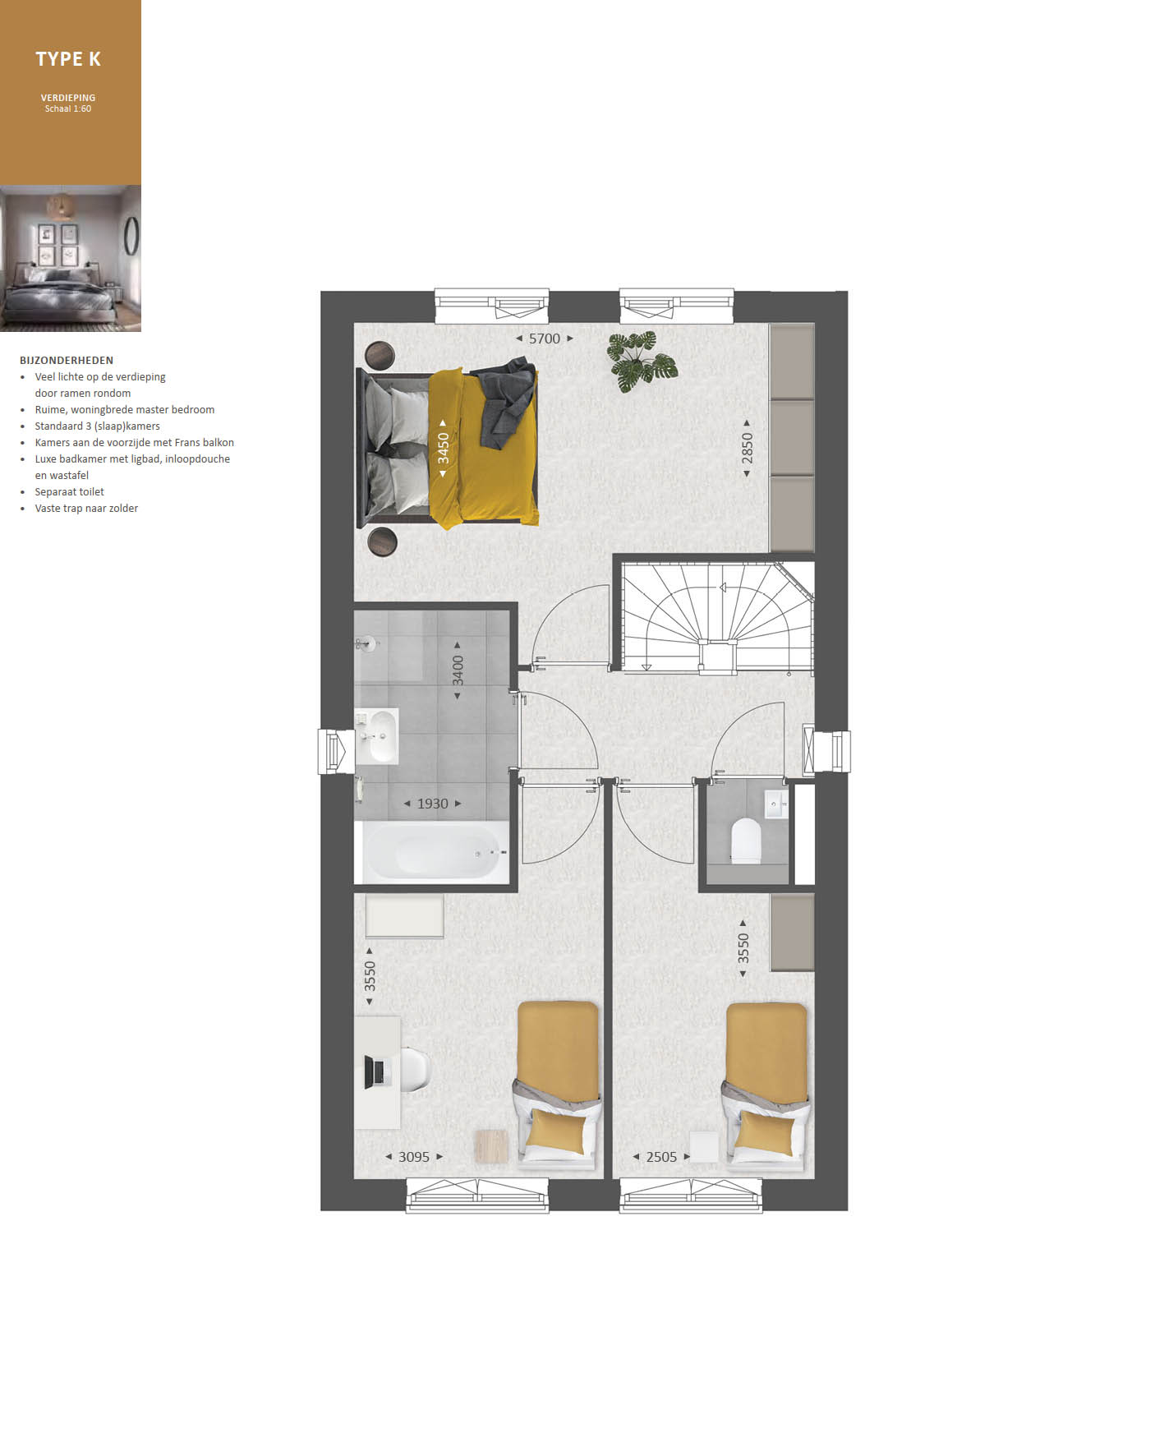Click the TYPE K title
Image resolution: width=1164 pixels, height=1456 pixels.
tap(68, 59)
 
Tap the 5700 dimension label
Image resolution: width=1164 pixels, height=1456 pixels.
tap(545, 339)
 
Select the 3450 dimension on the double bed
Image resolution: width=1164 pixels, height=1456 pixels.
tap(444, 448)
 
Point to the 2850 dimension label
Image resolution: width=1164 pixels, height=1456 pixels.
tap(747, 448)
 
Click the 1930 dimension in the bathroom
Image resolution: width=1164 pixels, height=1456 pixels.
tap(433, 804)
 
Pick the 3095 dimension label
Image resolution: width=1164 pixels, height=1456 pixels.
tap(414, 1157)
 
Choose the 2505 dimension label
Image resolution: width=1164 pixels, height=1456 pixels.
tap(661, 1157)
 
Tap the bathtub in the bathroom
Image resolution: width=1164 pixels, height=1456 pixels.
tap(432, 854)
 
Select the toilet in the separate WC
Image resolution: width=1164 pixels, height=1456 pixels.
tap(746, 840)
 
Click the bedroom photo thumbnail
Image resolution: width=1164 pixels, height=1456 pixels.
tap(71, 259)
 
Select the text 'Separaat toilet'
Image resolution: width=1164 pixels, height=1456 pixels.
tap(70, 492)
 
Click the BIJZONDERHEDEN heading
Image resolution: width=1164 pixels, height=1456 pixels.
tap(67, 360)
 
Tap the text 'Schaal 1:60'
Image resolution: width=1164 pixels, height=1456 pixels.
tap(68, 108)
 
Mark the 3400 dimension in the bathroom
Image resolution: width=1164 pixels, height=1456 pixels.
tap(458, 670)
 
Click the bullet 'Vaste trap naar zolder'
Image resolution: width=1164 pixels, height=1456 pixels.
tap(86, 509)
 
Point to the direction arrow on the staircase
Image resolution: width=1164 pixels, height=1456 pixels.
tap(724, 587)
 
